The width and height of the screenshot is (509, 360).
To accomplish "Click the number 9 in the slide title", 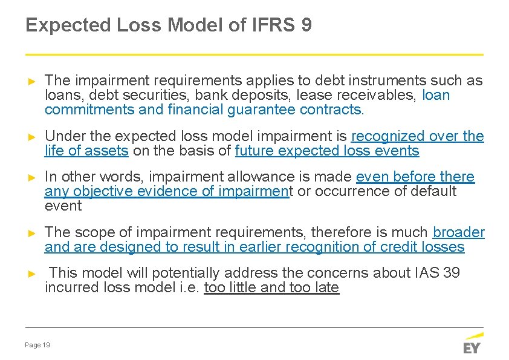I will click(305, 25).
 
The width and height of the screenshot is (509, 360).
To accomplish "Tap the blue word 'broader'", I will click(459, 232).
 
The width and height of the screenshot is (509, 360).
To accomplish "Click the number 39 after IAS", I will click(452, 273).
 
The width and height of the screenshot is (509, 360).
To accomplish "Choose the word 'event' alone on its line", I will click(63, 206).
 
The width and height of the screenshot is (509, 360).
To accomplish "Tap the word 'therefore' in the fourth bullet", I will click(340, 232).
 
